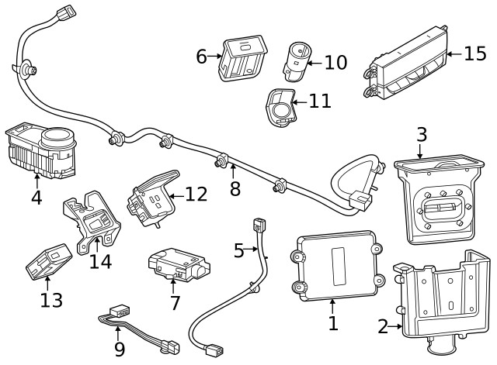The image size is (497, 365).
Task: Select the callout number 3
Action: pos(421,134)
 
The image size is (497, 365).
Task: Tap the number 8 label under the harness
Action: pos(235,188)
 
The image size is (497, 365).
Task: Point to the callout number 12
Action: pos(196,194)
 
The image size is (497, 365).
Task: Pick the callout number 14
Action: pos(100,261)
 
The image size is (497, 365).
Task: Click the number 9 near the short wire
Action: pos(119,350)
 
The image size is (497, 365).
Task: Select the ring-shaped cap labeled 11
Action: pos(281,108)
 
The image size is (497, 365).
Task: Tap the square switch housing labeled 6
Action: pos(241,59)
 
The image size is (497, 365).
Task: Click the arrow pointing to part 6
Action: pos(215,57)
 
